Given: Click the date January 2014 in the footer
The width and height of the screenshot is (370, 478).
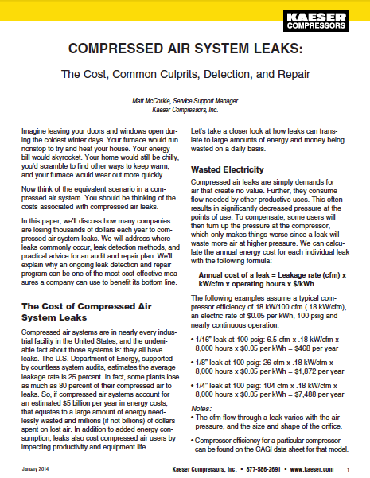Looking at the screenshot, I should [x=34, y=470].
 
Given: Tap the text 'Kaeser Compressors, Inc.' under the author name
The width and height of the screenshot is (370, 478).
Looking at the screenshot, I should [x=185, y=111].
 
